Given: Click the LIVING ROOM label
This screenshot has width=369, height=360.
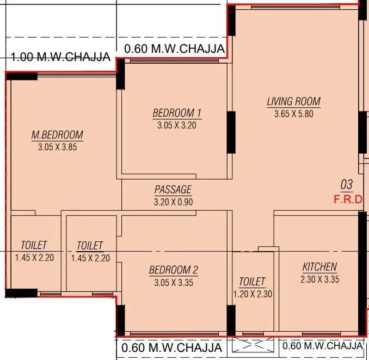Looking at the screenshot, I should click(293, 101).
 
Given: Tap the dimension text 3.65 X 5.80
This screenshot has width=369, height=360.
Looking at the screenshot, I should click(293, 114).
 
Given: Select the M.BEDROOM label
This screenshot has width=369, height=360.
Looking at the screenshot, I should click(57, 135).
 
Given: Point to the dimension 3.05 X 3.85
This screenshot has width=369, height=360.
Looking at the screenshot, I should click(57, 147).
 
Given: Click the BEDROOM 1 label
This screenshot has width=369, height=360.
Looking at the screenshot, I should click(177, 113).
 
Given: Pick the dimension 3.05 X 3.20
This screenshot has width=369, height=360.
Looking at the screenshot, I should click(177, 125).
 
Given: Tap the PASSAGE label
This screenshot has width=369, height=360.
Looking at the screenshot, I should click(173, 190).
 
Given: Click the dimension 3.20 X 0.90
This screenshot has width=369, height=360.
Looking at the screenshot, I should click(173, 202).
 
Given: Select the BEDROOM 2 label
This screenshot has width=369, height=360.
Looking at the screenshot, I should click(174, 270).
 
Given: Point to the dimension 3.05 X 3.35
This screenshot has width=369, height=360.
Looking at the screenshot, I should click(174, 283).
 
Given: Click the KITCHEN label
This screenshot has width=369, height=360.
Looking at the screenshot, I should click(319, 267).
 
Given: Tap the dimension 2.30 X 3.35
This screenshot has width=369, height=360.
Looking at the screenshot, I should click(319, 279).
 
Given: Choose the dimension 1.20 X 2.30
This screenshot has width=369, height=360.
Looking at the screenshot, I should click(252, 294).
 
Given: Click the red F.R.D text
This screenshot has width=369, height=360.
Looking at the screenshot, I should click(347, 199).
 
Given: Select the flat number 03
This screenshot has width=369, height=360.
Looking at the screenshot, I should click(347, 185).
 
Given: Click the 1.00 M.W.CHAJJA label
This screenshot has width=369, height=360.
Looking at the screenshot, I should click(61, 57).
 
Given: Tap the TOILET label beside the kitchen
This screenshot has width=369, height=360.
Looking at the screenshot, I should click(252, 282).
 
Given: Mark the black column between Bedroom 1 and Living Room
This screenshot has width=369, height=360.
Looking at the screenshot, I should click(231, 132).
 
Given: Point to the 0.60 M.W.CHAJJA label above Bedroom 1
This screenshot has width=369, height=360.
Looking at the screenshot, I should click(174, 49).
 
